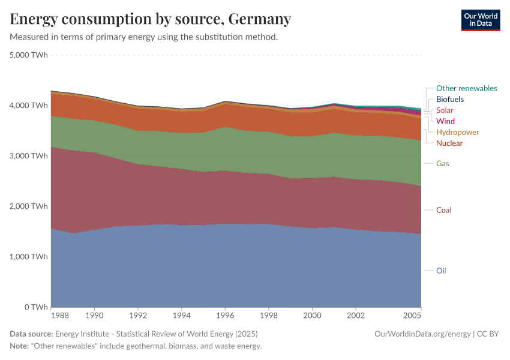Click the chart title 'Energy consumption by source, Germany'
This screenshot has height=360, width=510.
[x=151, y=19]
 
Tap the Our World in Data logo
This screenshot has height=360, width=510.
[x=480, y=20]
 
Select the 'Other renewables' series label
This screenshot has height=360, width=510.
[x=466, y=88]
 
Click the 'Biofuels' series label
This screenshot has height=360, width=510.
[x=449, y=99]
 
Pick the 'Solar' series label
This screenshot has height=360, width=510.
[x=445, y=110]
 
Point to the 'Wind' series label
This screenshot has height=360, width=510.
[x=445, y=121]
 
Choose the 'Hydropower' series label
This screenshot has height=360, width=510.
[x=457, y=132]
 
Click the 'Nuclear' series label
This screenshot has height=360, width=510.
[x=449, y=143]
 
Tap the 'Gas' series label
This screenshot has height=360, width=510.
[x=442, y=163]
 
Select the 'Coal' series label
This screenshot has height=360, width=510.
[x=443, y=210]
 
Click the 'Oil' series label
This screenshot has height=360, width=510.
[x=441, y=271]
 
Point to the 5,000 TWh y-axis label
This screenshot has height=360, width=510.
[x=29, y=55]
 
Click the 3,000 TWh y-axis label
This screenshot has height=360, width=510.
[x=29, y=155]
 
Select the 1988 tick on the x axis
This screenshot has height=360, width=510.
[x=60, y=314]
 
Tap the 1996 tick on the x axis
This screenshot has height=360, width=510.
[x=225, y=314]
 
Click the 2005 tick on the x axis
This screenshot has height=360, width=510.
[x=412, y=314]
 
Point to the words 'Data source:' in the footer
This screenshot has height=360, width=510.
[x=31, y=334]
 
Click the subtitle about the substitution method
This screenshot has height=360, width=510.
[x=143, y=37]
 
